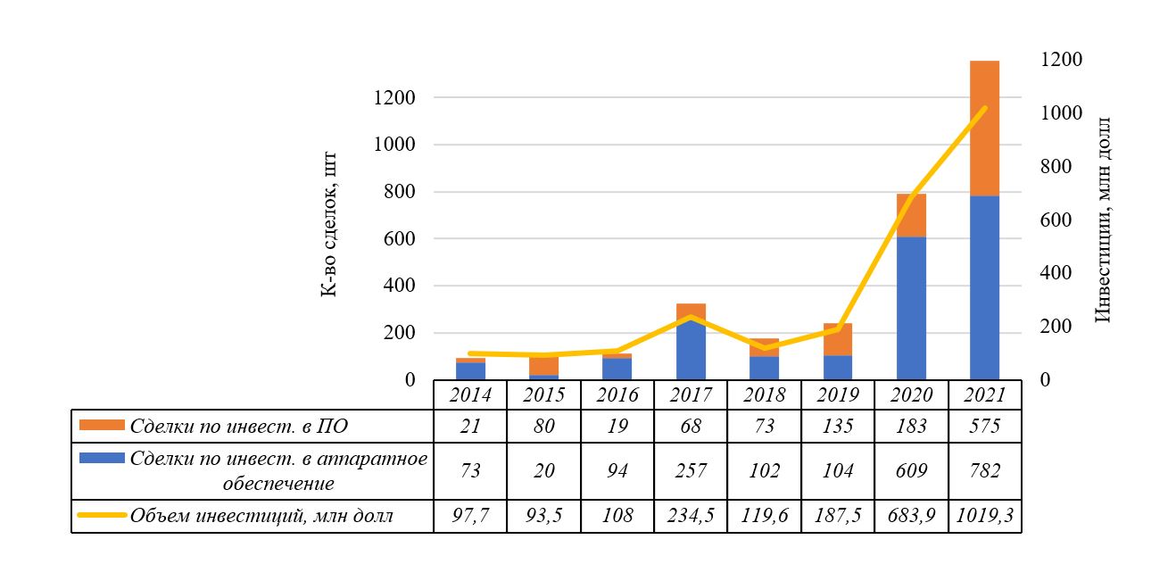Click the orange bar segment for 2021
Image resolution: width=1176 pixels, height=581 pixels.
984,128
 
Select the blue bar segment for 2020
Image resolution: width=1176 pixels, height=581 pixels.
911,308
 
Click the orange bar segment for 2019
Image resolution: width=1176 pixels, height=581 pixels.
838,339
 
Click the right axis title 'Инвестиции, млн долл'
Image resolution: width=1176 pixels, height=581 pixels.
1103,219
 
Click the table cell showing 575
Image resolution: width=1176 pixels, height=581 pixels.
984,427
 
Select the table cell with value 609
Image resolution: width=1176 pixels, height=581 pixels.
911,471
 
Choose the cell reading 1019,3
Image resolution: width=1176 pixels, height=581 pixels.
984,516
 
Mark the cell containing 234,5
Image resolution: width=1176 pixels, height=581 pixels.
691,516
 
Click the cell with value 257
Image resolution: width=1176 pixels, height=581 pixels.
691,471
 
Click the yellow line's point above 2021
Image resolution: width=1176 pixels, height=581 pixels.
984,108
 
